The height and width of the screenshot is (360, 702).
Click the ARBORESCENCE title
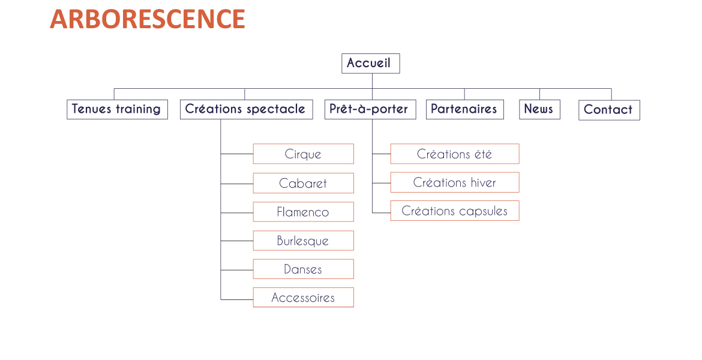[x=147, y=19]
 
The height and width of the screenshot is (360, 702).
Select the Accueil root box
[x=371, y=64]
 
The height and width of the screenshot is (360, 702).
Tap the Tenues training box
[x=117, y=109]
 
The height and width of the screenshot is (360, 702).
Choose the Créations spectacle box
[x=246, y=109]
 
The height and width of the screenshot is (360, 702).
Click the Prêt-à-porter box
[x=370, y=109]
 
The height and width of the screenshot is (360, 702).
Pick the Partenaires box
[x=465, y=109]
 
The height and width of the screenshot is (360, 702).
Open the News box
[x=539, y=109]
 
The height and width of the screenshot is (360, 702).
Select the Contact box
[x=609, y=110]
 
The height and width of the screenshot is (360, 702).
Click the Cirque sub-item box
[x=304, y=154]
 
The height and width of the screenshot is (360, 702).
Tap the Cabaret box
[x=304, y=183]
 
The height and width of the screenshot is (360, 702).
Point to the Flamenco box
[x=304, y=212]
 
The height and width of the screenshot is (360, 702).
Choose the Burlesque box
[x=304, y=241]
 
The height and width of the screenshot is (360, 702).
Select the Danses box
[x=304, y=269]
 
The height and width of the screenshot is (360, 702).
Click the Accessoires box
[x=304, y=298]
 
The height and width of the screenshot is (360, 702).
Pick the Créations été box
[x=455, y=154]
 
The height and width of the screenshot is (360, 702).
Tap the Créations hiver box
[x=455, y=182]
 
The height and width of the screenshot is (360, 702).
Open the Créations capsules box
[x=455, y=211]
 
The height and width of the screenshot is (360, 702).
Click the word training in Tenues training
[x=138, y=109]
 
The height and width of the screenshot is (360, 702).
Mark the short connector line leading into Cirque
[x=237, y=154]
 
